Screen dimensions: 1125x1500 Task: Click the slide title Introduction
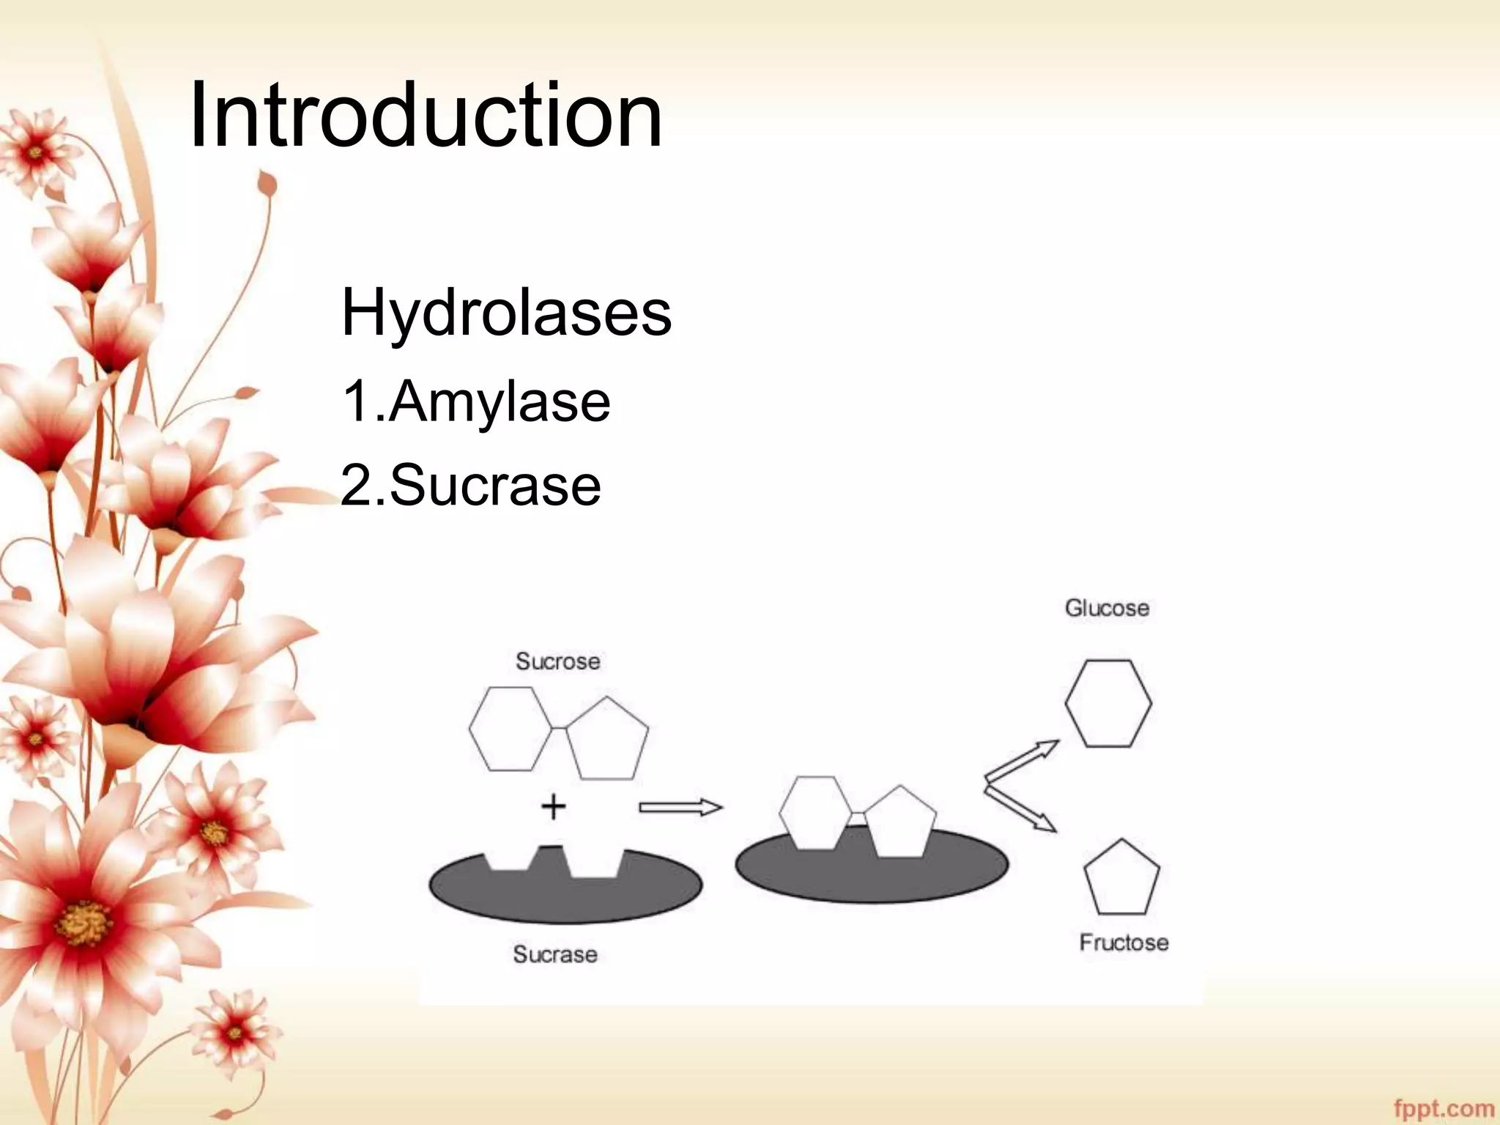[426, 116]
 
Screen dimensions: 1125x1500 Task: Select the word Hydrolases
[506, 313]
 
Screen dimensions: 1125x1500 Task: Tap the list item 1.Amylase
[475, 401]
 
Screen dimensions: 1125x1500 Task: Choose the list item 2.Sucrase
[471, 485]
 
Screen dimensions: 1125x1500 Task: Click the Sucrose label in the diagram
[558, 661]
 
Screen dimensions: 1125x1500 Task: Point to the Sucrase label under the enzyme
[555, 954]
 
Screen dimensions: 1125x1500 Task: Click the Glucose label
[1107, 608]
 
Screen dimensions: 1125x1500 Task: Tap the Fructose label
[1124, 942]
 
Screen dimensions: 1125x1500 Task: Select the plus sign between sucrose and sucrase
[554, 807]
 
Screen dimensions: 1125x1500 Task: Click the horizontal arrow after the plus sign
[680, 808]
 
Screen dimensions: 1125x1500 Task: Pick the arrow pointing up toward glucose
[1021, 762]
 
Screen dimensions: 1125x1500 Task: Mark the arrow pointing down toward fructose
[1021, 809]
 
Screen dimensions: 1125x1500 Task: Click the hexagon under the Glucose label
[1108, 703]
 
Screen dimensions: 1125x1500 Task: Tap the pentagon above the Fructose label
[1121, 880]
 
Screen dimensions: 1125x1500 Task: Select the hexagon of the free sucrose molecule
[510, 729]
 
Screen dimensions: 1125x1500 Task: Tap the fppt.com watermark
[1444, 1108]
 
